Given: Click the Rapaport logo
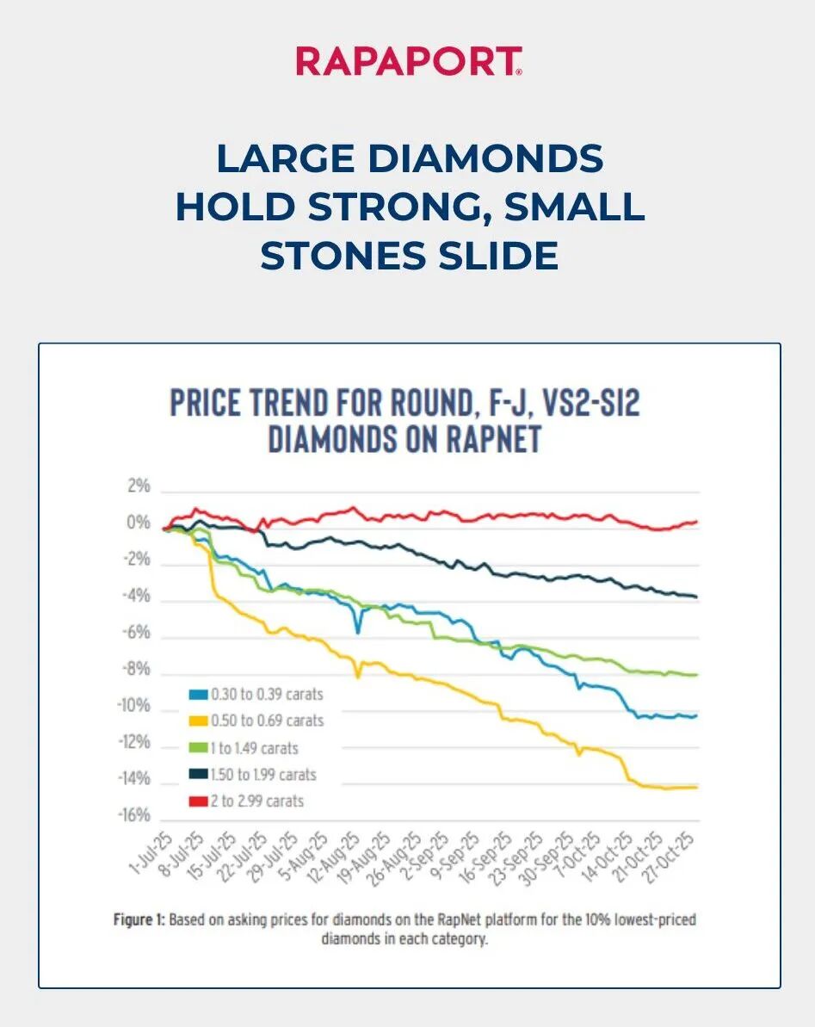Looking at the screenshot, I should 408,61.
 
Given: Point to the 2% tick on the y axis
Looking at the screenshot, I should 139,486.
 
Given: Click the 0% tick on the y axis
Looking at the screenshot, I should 139,523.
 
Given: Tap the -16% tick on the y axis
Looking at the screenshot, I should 133,816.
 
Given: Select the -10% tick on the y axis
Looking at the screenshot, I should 133,706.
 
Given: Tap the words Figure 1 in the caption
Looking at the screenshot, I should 139,920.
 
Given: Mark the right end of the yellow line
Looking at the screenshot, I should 696,787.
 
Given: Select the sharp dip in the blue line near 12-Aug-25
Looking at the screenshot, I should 358,633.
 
